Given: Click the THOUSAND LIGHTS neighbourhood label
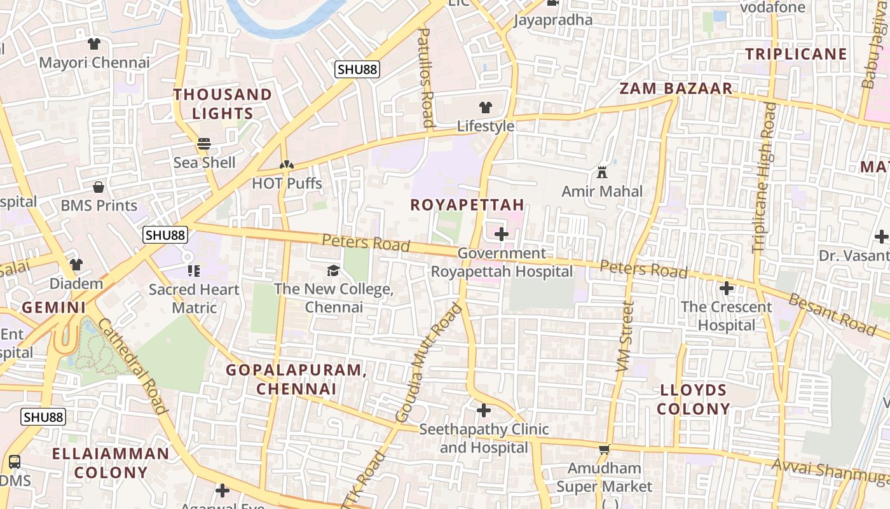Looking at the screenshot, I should (222, 104).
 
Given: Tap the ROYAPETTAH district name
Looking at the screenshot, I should (467, 205).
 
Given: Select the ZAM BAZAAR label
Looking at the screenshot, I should (676, 88).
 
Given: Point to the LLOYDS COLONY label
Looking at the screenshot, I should (694, 399).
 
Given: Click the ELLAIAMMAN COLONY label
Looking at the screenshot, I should (111, 463).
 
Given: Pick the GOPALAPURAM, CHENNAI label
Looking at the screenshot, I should (296, 379).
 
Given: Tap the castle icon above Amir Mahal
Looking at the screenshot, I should (602, 172).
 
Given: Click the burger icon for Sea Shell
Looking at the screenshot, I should (204, 144).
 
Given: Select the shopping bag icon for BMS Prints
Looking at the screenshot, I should (99, 187).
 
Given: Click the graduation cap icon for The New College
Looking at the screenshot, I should (333, 271).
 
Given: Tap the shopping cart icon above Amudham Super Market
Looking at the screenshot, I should (604, 450).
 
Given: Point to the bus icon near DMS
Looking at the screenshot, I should (14, 462).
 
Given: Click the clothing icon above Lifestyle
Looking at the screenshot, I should (486, 107).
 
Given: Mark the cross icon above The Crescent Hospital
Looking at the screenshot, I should (726, 288).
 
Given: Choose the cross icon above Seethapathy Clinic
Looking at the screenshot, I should (484, 410).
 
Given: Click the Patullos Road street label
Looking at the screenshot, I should (425, 77).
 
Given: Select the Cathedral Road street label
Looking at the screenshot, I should (133, 366).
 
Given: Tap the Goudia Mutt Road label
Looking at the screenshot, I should (428, 363).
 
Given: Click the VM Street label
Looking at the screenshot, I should (625, 337).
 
